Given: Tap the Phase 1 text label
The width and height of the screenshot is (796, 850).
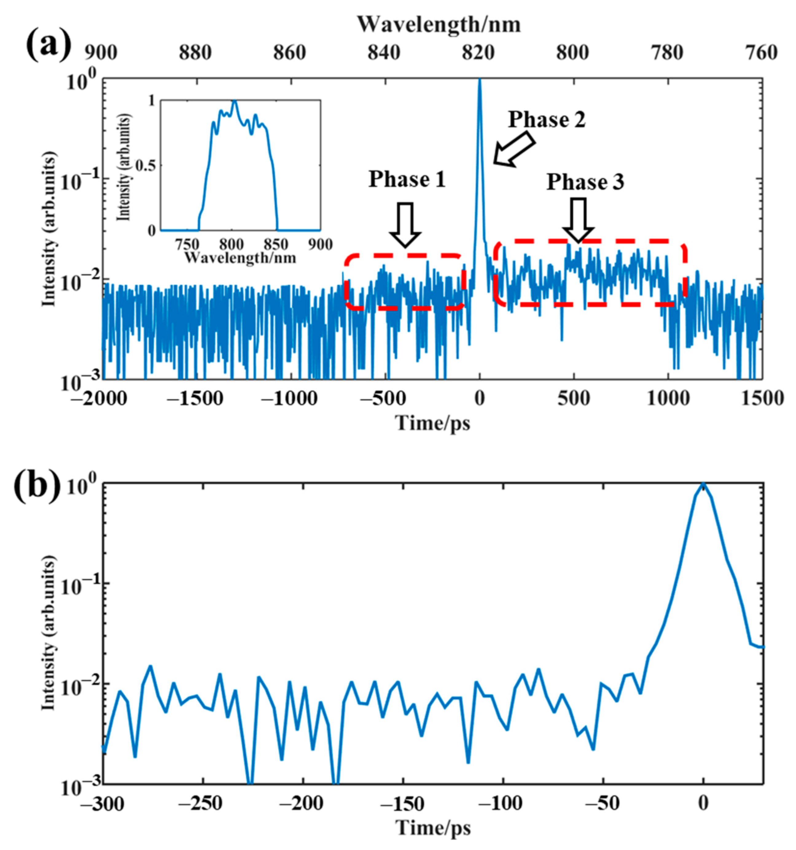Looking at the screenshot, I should [x=407, y=180].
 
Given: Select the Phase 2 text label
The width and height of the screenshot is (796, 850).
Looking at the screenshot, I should [x=546, y=120].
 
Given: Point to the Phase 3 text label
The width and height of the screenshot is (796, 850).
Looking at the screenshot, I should [x=585, y=183].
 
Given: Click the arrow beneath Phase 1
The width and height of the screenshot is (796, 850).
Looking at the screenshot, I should [x=405, y=224].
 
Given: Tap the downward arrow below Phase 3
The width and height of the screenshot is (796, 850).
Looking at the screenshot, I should [x=579, y=220].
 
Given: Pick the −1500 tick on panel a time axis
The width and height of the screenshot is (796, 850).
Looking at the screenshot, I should [x=197, y=398].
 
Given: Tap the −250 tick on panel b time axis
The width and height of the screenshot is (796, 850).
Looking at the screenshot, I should [x=203, y=804].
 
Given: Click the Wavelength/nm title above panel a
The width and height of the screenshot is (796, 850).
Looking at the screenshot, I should [x=439, y=25].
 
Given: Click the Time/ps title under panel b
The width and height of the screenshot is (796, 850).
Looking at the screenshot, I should [x=433, y=829].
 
